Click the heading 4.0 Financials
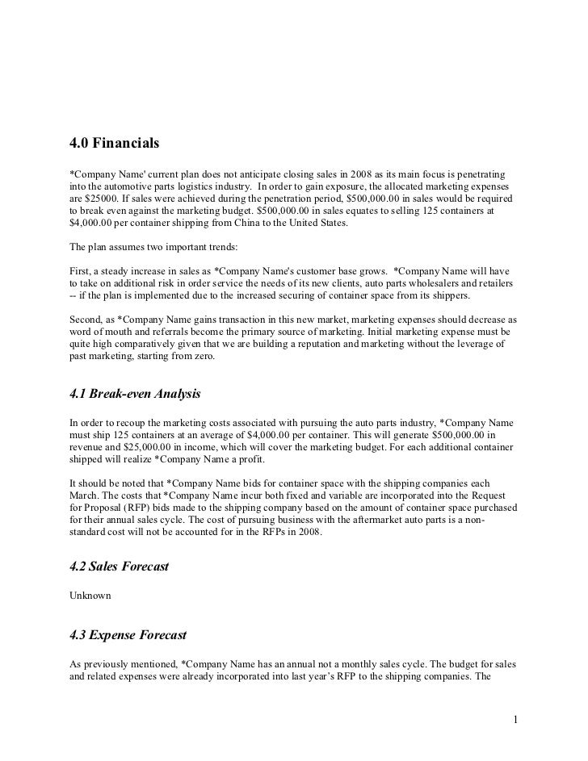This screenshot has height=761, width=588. point(115,145)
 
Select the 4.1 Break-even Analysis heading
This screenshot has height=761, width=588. point(134,395)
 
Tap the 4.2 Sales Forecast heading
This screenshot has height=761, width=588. point(120,567)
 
